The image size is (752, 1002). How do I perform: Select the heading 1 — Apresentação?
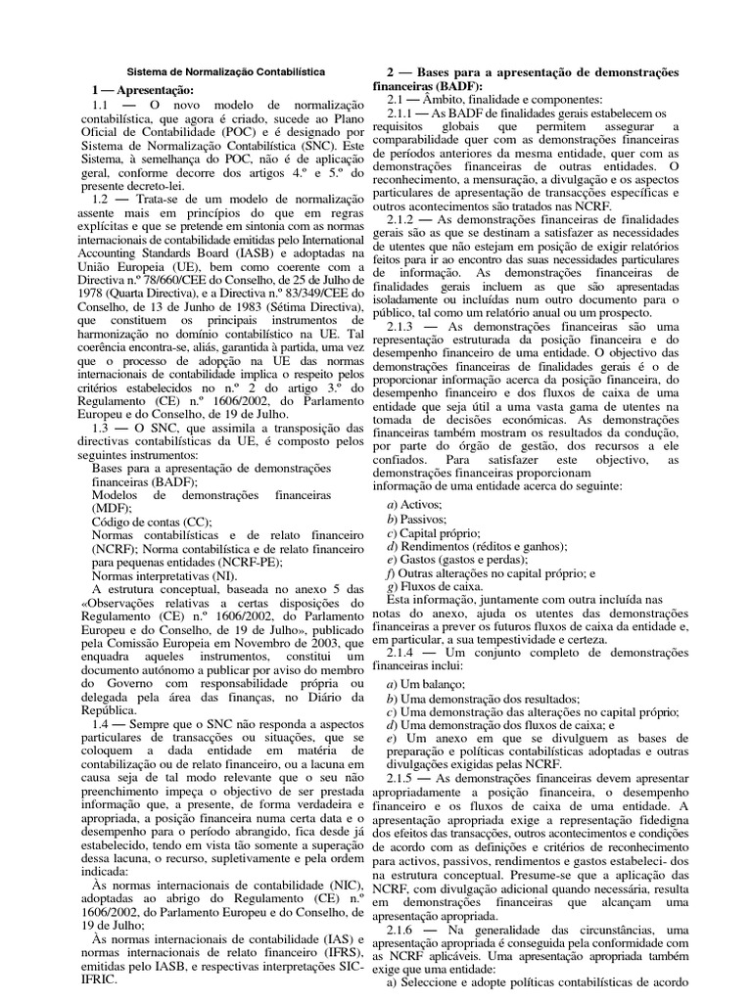pos(143,89)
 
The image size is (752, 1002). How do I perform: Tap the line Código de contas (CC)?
pos(151,524)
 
